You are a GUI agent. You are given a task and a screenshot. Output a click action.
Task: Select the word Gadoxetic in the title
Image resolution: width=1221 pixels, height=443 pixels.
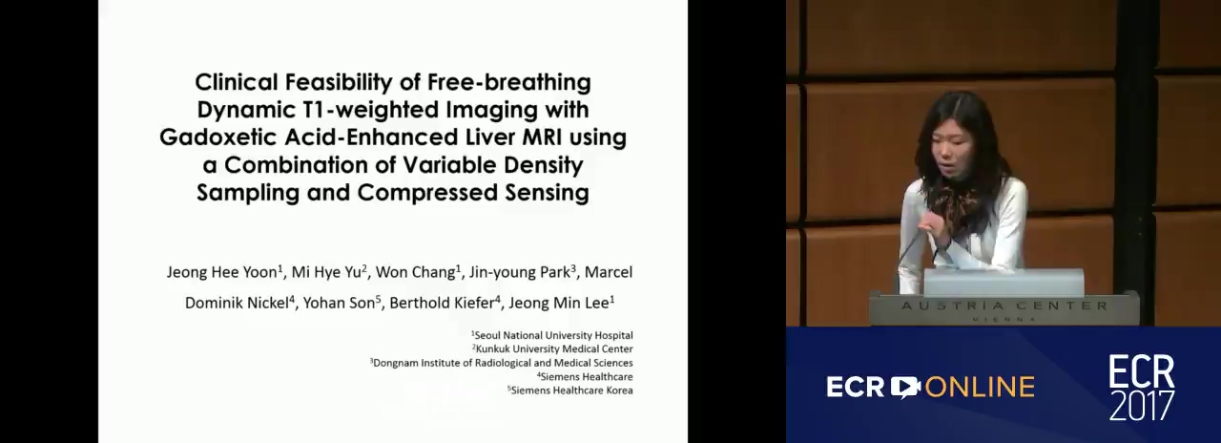(x=218, y=137)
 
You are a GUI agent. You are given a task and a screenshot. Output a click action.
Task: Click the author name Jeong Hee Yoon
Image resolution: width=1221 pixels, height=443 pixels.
(x=224, y=272)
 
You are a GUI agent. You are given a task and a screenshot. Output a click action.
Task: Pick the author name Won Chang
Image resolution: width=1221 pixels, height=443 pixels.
(x=418, y=272)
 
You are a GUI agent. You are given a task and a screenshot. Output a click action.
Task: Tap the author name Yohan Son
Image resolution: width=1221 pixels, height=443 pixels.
(x=341, y=303)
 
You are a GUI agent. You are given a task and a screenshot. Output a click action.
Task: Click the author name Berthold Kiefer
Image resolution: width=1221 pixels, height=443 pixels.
(x=445, y=303)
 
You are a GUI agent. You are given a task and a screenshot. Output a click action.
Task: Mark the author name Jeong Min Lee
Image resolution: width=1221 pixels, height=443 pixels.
(x=561, y=303)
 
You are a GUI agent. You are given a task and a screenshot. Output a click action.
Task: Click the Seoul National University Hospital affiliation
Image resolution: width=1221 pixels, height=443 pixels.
(x=552, y=335)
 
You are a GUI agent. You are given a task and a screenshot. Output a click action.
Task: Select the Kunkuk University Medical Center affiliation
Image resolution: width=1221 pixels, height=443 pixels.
(x=552, y=349)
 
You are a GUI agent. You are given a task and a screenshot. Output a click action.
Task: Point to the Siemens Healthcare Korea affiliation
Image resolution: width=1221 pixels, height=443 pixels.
(x=570, y=390)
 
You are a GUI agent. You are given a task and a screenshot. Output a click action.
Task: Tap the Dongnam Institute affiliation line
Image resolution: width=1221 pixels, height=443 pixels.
(x=502, y=363)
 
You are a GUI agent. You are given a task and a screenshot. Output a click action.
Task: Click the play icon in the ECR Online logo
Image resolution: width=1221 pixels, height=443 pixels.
(x=905, y=387)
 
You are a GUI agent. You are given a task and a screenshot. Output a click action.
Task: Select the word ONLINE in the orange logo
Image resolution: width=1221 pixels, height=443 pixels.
(x=980, y=387)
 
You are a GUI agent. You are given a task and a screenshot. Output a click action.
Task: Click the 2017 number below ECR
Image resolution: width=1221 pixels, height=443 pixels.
(x=1142, y=405)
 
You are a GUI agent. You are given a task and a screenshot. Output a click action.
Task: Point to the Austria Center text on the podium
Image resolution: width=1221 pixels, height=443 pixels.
(x=1004, y=306)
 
